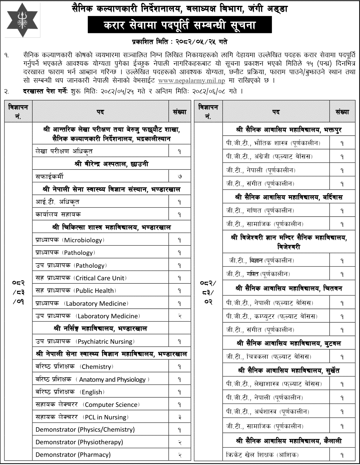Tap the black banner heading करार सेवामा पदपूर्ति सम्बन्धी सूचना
pyautogui.click(x=180, y=25)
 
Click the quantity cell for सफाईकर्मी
pyautogui.click(x=180, y=177)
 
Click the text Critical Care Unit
pyautogui.click(x=100, y=278)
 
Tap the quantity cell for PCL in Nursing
pyautogui.click(x=180, y=417)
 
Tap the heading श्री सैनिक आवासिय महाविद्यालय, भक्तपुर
pyautogui.click(x=289, y=129)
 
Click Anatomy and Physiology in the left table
pyautogui.click(x=112, y=380)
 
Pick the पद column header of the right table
pyautogui.click(x=276, y=112)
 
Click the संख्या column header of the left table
pyautogui.click(x=180, y=112)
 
